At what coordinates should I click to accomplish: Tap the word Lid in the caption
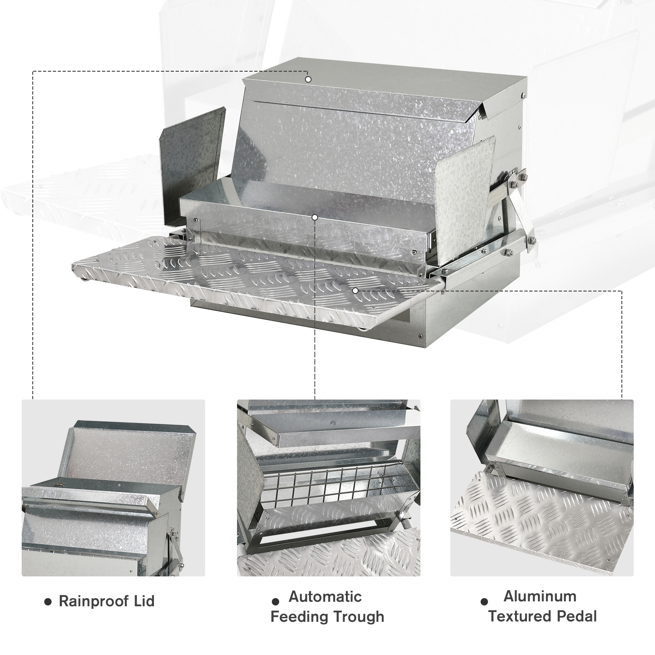pos(144,601)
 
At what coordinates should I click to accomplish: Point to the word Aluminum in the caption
pos(540,596)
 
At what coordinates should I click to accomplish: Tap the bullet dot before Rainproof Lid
pos(48,602)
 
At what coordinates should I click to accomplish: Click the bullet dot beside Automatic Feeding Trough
pos(276,601)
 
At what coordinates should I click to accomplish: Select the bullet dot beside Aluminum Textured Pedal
pos(484,601)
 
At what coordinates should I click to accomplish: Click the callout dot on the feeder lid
pos(308,79)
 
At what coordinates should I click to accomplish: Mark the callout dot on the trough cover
pos(314,217)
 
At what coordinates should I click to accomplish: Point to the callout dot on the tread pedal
pos(355,290)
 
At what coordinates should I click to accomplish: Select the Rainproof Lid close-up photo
pos(113,488)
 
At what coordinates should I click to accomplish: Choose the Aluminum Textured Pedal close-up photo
pos(542,488)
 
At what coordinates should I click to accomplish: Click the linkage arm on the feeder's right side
pos(512,213)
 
